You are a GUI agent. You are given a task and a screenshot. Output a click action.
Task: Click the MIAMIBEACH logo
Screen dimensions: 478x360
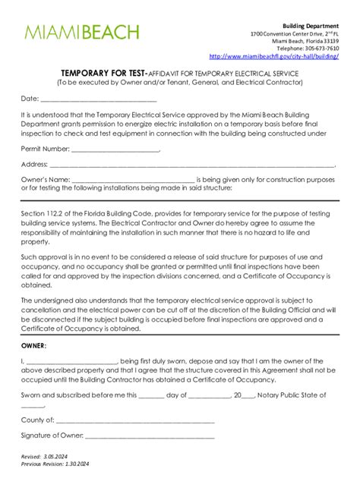[82, 33]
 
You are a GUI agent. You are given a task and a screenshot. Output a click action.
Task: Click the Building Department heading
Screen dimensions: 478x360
[311, 25]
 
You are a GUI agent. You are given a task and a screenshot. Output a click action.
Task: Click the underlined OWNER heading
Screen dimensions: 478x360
[35, 345]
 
